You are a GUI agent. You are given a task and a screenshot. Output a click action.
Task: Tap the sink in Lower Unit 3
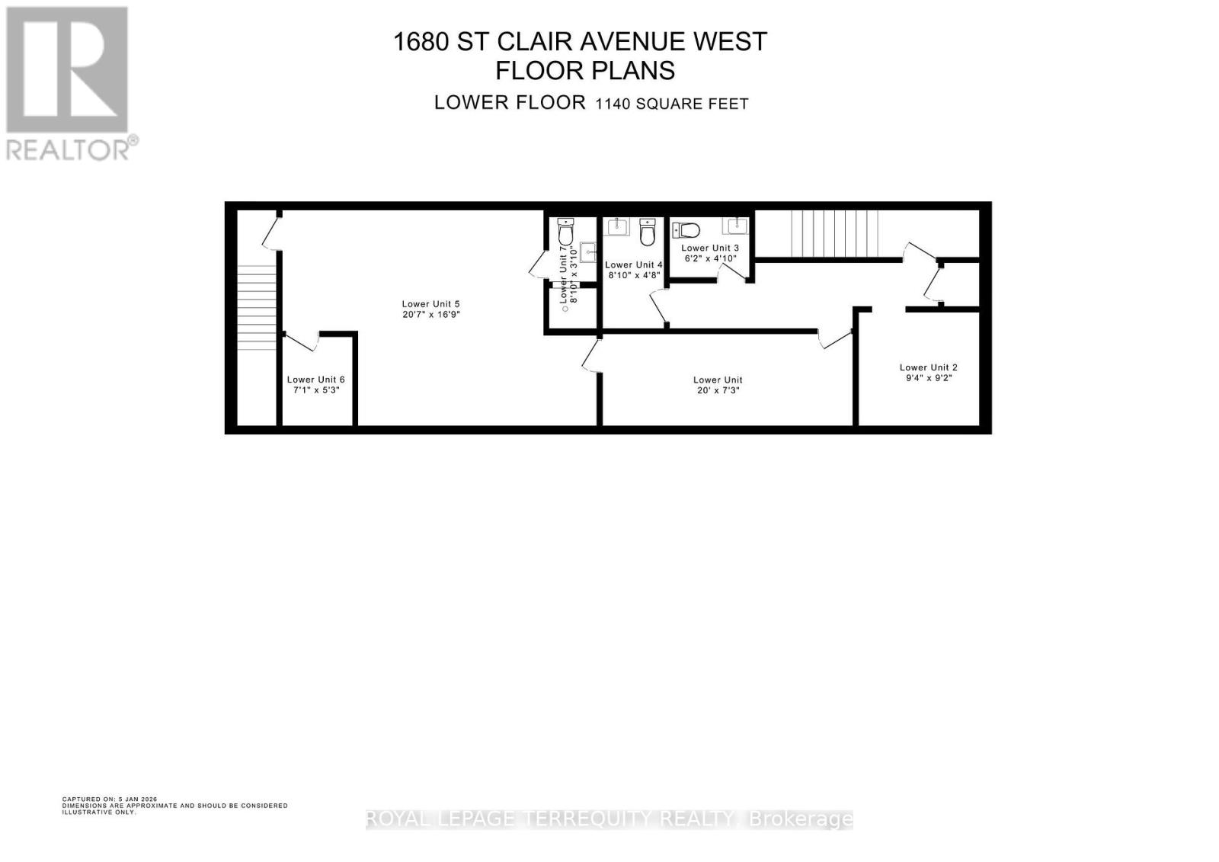(737, 226)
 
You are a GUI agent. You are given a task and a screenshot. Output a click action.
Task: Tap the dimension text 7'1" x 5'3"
(316, 390)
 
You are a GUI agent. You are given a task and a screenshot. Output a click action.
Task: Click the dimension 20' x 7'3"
(717, 390)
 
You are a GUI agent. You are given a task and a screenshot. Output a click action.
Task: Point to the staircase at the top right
(835, 235)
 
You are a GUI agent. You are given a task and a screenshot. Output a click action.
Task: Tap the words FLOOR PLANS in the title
(584, 70)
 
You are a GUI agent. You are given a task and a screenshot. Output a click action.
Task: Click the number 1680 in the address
(420, 41)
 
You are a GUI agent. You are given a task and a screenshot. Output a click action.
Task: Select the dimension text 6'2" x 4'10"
(710, 258)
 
